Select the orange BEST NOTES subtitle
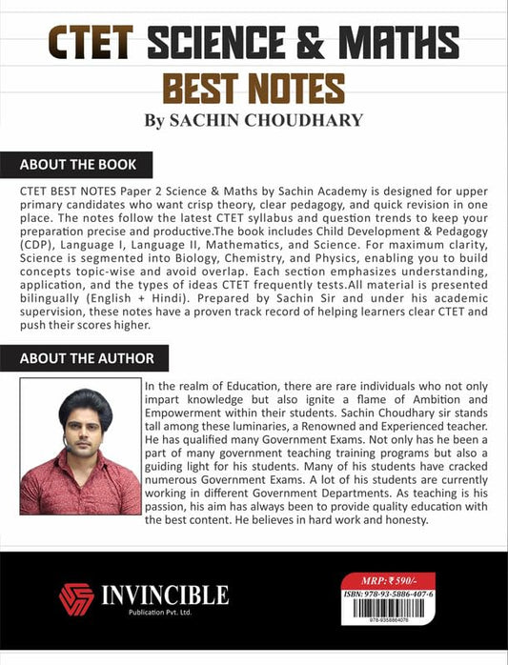point(254,88)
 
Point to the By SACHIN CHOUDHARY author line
point(254,121)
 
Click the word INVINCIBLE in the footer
point(164,595)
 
